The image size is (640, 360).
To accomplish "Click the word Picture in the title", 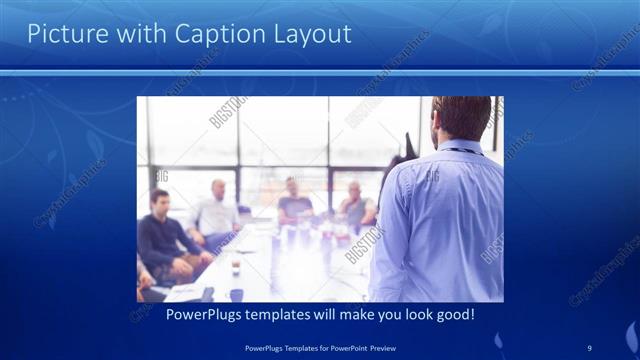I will (x=64, y=34).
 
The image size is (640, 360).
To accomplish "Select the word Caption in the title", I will (x=212, y=34).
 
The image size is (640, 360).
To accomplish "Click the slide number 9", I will (x=590, y=347).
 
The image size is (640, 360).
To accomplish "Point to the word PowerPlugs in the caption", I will (x=179, y=314).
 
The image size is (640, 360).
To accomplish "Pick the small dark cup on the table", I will (x=236, y=269).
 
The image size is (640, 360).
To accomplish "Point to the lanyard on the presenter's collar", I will (x=460, y=150).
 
